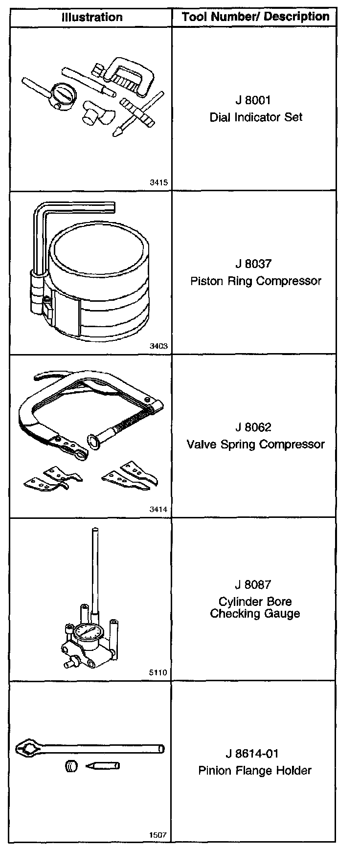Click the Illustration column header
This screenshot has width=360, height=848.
click(x=92, y=18)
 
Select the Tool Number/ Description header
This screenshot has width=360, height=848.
click(x=256, y=17)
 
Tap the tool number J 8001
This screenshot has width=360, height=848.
click(x=253, y=100)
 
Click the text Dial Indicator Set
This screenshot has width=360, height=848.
click(x=256, y=117)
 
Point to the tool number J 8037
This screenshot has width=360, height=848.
click(x=253, y=264)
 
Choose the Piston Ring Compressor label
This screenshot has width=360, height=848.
click(x=256, y=281)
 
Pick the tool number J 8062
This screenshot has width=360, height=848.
click(x=253, y=427)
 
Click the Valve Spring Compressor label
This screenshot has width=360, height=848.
click(x=256, y=445)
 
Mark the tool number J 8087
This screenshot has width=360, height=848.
click(x=253, y=584)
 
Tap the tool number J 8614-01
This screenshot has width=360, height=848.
click(x=255, y=754)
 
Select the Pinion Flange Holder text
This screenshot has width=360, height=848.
click(x=255, y=771)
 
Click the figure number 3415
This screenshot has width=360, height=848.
click(x=159, y=182)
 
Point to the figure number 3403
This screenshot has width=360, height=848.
click(x=159, y=346)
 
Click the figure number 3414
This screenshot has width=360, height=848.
click(x=159, y=509)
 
